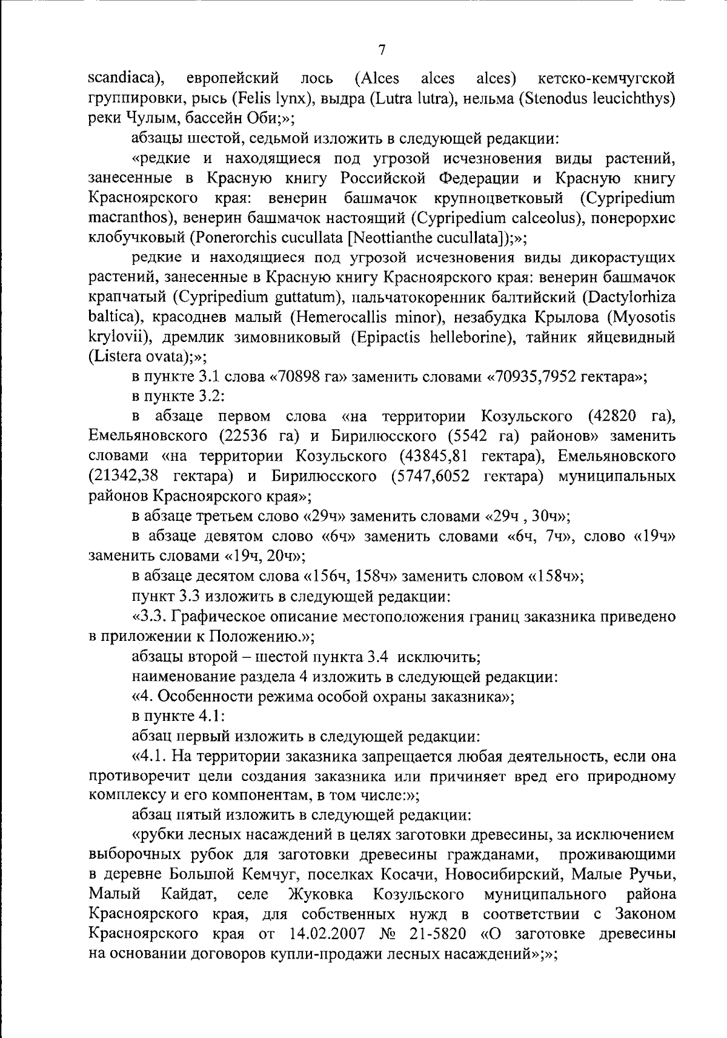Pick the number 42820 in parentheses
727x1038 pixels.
tap(611, 416)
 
